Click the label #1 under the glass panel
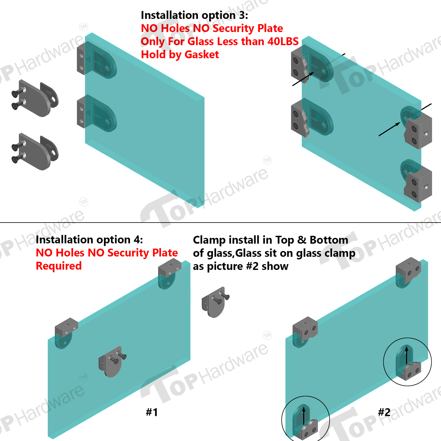pos(152,412)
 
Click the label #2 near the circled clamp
pos(384,412)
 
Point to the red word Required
pos(59,266)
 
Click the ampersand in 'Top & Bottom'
pos(302,240)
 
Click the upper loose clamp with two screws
pos(35,98)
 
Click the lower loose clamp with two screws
pos(35,152)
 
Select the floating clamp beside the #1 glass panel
pos(215,302)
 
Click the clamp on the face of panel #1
pos(112,362)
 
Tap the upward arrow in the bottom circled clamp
pos(304,416)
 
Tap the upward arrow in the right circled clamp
pos(407,355)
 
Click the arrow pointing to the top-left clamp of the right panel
pos(303,79)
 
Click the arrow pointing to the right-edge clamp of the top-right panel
pos(390,129)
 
